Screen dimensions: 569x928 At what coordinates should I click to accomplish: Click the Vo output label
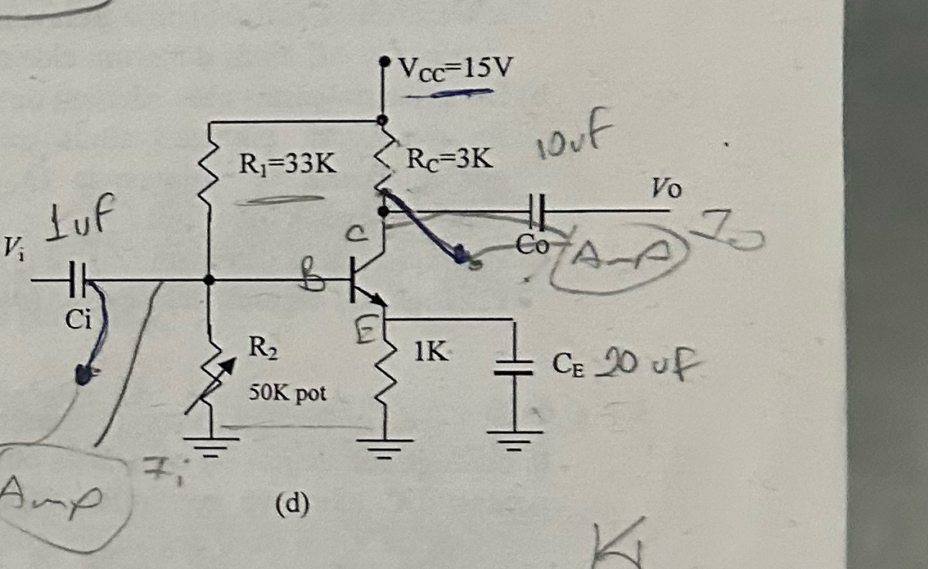666,190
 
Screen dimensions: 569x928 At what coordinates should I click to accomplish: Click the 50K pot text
287,393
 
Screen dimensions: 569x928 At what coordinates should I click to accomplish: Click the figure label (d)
291,505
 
